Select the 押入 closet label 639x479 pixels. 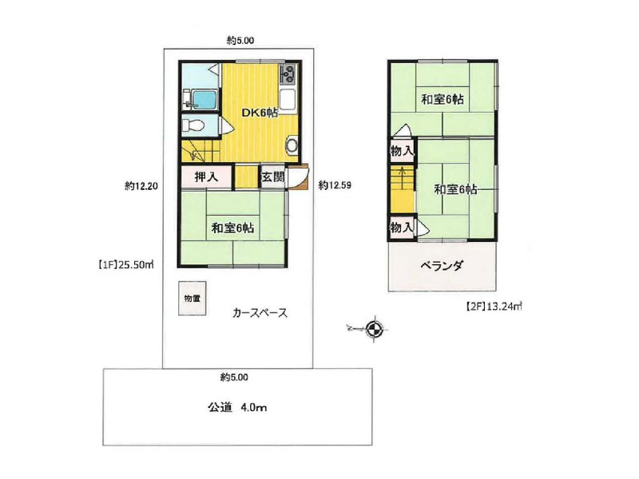click(x=206, y=177)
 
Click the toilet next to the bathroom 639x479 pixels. click(x=192, y=125)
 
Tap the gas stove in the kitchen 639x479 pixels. click(x=288, y=77)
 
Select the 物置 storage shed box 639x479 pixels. click(x=192, y=299)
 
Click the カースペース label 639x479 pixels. click(x=260, y=313)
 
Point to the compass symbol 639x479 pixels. click(x=374, y=327)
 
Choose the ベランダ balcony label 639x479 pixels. click(x=442, y=266)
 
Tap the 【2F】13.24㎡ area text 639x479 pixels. click(x=493, y=305)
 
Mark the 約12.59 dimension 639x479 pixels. click(x=335, y=185)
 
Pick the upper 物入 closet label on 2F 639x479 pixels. click(x=401, y=151)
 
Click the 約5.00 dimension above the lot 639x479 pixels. click(x=240, y=39)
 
